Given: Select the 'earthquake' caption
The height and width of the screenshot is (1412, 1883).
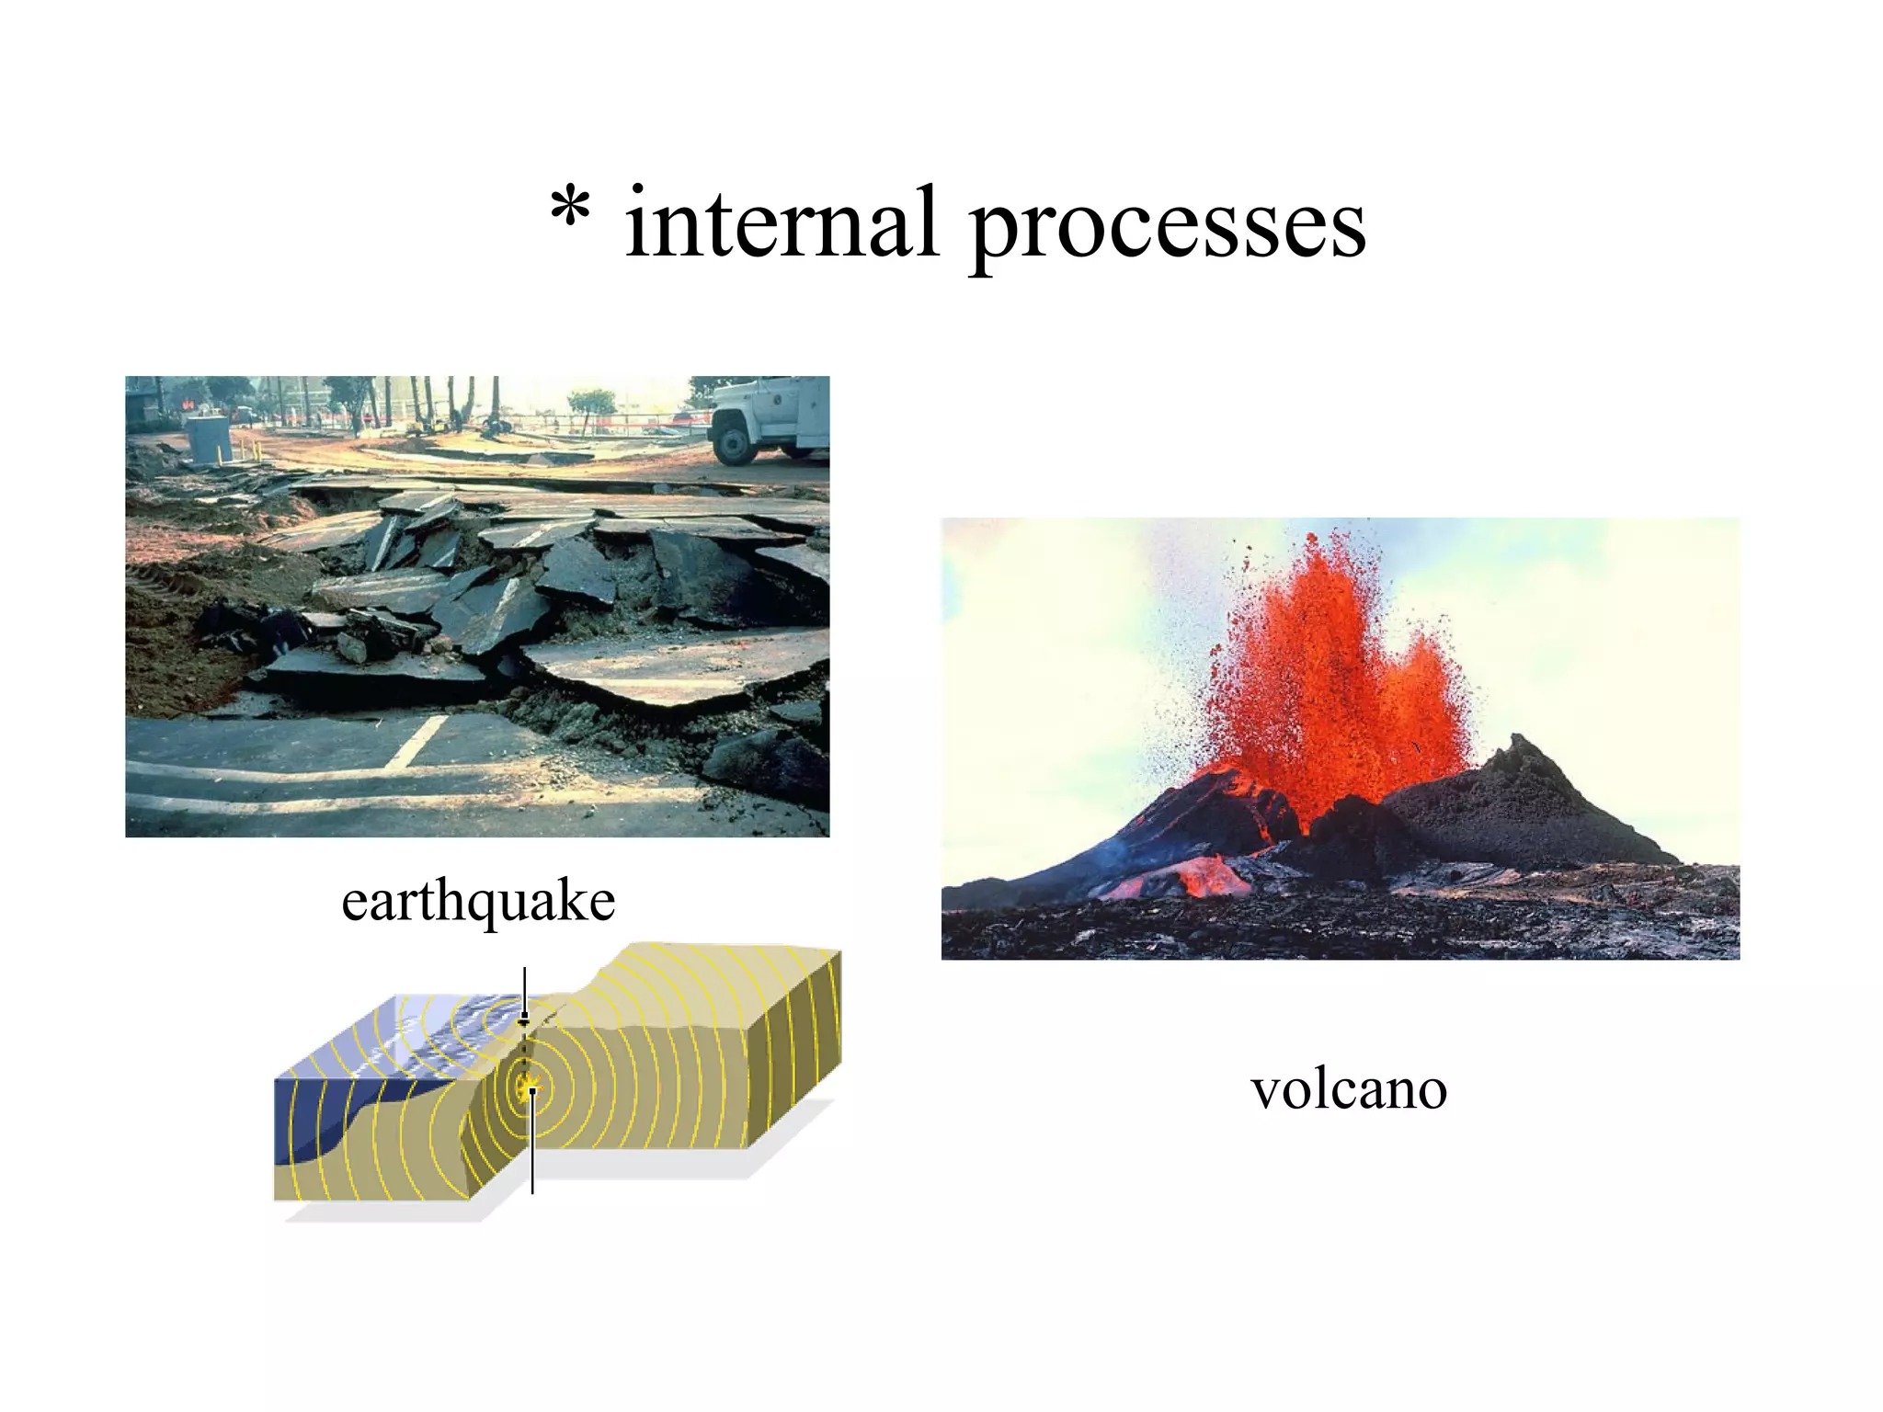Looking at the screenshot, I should point(478,901).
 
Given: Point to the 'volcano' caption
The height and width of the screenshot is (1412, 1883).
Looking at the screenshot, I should point(1349,1090).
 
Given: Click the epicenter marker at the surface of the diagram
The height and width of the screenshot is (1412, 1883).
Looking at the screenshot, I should point(524,1020).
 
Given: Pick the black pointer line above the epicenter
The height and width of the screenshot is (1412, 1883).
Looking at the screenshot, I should point(524,988).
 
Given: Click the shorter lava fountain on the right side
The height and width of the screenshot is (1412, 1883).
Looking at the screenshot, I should point(1425,699).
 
